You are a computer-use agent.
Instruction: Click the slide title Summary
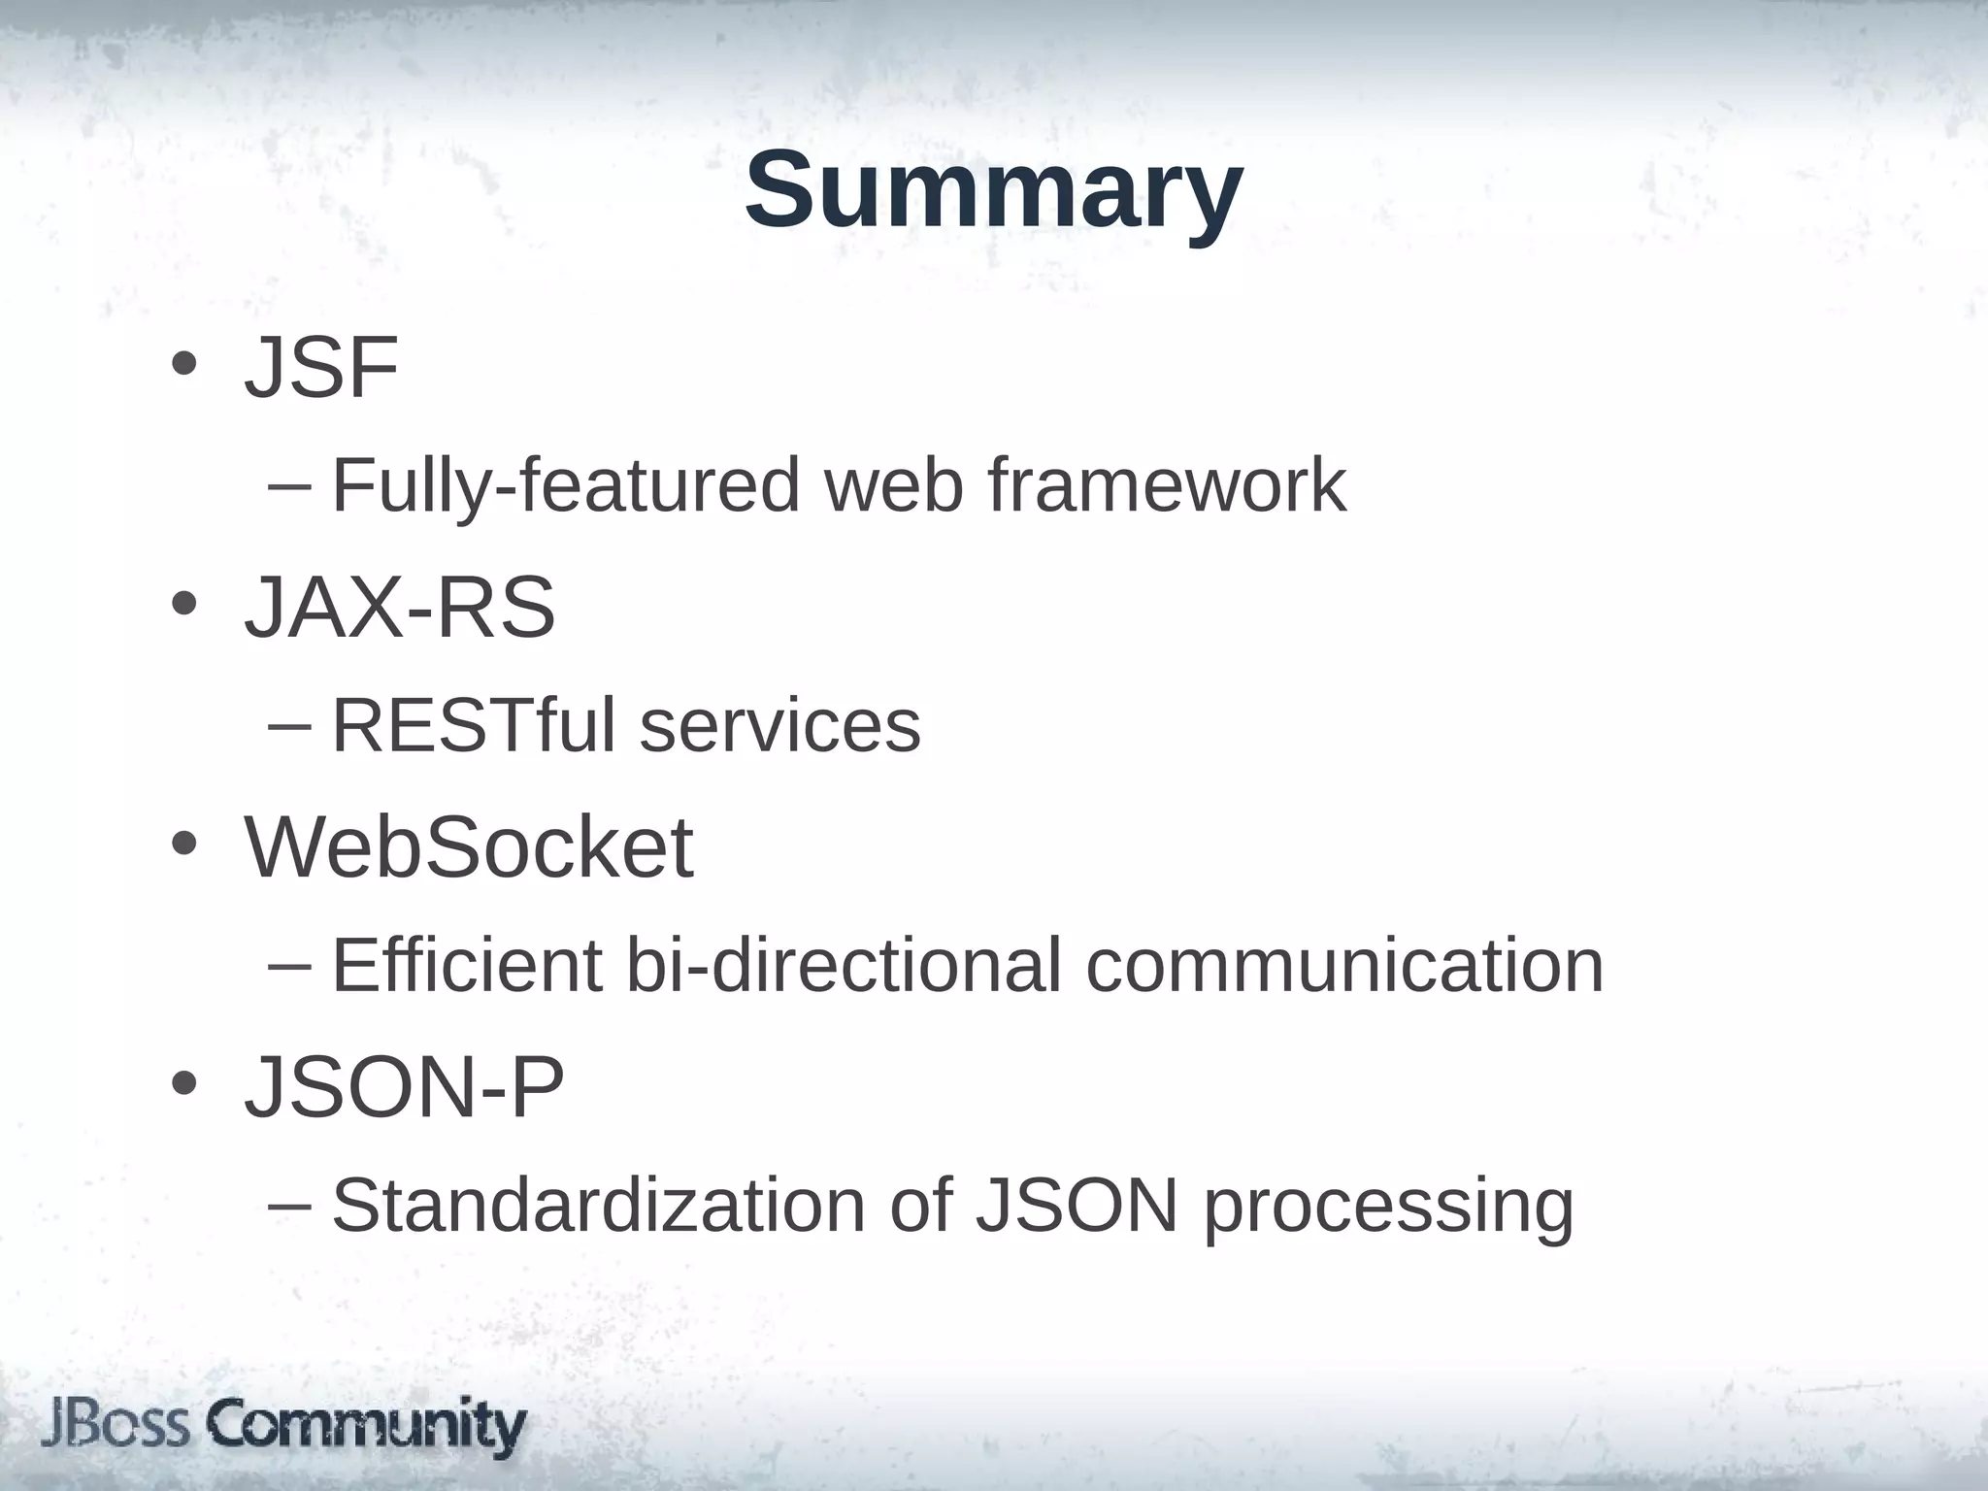tap(993, 190)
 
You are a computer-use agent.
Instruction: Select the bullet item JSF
tap(321, 368)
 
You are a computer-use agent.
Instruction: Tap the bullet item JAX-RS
tap(400, 609)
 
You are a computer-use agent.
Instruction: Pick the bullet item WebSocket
tap(470, 847)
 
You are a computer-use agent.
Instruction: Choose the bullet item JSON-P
tap(404, 1087)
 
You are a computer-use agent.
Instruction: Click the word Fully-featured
tap(566, 485)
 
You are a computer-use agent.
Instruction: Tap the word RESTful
tap(474, 725)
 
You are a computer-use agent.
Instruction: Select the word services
tap(780, 727)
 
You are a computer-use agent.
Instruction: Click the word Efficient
tap(467, 965)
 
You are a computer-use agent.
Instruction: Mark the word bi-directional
tap(844, 965)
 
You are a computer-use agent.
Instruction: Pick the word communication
tap(1344, 965)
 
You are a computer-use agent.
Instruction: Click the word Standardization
tap(598, 1206)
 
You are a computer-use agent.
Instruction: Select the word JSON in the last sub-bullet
tap(1077, 1206)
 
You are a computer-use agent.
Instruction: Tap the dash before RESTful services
tap(289, 726)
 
